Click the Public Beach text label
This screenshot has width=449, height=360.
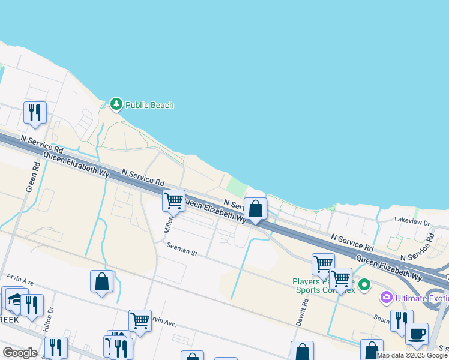[x=149, y=105]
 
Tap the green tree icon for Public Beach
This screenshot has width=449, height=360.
[x=116, y=104]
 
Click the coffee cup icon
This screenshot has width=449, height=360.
[x=417, y=334]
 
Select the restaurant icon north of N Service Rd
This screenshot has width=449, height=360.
[x=35, y=112]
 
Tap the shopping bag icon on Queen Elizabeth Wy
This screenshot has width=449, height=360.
[x=255, y=209]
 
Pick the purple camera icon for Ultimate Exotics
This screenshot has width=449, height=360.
[x=386, y=297]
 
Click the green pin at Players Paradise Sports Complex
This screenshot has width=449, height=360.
[x=364, y=283]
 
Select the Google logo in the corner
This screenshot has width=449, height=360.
[x=20, y=352]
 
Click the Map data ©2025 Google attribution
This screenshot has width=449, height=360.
[x=412, y=355]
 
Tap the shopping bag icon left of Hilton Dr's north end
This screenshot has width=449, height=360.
[x=101, y=281]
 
